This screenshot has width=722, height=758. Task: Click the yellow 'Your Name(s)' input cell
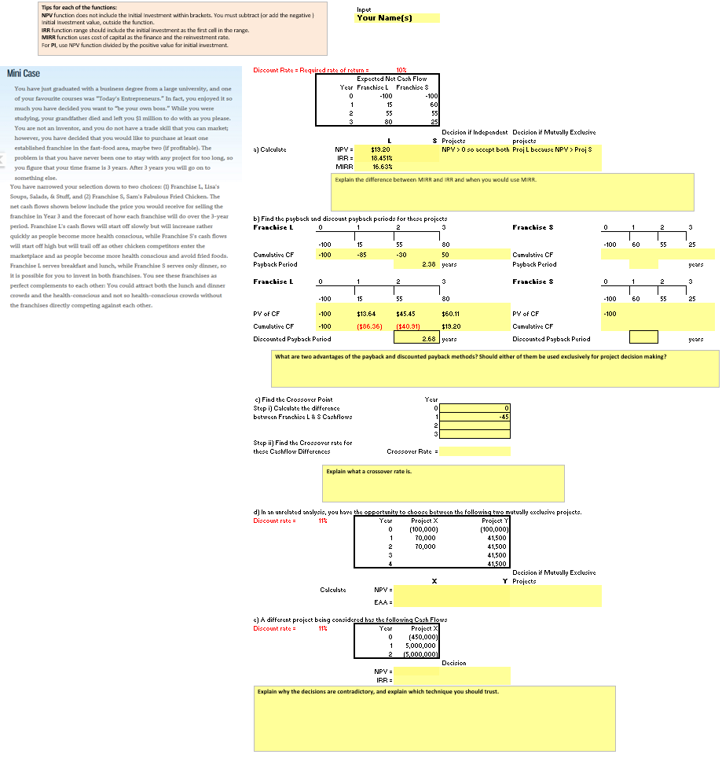pos(398,18)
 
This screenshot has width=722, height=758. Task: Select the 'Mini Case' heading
pos(24,73)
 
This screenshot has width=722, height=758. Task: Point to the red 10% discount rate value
pos(401,70)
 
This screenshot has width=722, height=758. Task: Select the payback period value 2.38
pos(428,264)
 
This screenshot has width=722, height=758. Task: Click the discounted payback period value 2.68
pos(428,338)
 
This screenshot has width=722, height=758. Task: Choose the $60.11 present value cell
pos(449,313)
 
